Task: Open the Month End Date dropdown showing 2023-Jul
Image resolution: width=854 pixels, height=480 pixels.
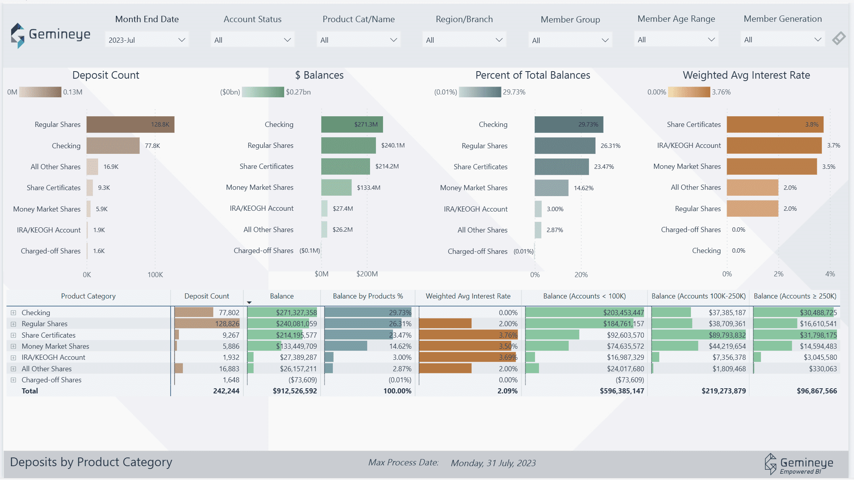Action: pos(146,40)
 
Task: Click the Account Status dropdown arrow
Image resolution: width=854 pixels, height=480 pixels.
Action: pos(287,40)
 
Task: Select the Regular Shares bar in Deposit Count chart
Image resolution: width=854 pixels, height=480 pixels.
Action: pos(130,125)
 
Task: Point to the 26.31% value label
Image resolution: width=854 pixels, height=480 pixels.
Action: pos(610,146)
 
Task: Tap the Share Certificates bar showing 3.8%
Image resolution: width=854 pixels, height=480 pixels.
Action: pos(774,125)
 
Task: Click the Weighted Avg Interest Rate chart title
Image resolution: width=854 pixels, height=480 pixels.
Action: pos(746,75)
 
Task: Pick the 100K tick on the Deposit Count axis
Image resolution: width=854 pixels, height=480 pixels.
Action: pos(155,275)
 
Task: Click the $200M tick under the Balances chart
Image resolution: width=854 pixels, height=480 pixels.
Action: pos(367,274)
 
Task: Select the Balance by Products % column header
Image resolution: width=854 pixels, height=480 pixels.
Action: pos(368,296)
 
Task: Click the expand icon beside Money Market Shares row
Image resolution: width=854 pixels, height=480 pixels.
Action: pos(13,346)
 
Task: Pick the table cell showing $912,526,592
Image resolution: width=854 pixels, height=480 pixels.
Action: pos(294,391)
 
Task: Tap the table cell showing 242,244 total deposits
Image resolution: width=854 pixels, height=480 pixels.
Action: pos(226,391)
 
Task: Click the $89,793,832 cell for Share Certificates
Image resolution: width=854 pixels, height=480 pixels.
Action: pos(727,335)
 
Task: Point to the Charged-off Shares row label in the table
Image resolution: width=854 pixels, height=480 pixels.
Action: pos(51,380)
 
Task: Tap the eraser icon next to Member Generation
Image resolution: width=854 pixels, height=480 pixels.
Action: pos(839,39)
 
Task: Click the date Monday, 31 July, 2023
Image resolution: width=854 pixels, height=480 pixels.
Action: pos(493,463)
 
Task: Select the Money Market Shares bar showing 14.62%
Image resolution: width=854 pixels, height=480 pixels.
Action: pos(551,188)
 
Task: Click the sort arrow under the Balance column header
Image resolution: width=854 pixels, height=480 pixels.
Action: pos(249,302)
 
